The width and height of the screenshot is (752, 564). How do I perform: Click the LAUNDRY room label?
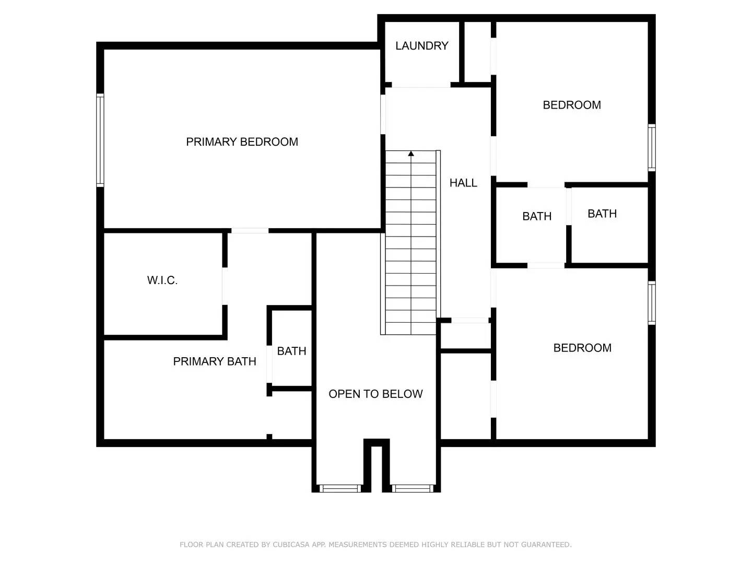[x=421, y=46]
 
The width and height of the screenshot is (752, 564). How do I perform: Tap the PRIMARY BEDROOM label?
[x=242, y=142]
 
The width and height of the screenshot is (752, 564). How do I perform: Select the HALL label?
[x=463, y=183]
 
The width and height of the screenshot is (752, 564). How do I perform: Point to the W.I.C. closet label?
[x=162, y=280]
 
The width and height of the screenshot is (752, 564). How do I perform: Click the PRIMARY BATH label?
[x=215, y=361]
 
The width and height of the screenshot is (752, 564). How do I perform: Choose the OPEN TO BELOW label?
[x=375, y=394]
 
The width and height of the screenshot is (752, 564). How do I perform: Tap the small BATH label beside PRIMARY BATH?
[x=291, y=351]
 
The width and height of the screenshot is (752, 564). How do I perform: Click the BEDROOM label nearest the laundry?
[x=572, y=105]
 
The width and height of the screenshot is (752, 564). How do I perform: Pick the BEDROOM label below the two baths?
[x=582, y=348]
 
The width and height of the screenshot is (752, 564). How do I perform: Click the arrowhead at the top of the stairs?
[x=411, y=154]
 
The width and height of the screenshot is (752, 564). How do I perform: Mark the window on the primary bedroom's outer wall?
[x=100, y=140]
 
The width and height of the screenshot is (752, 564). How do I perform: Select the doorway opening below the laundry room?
[x=421, y=85]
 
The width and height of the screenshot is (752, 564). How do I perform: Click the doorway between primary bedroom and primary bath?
[x=250, y=230]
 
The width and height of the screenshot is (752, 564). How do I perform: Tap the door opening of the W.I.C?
[x=225, y=286]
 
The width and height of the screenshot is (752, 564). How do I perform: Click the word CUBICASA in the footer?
[x=291, y=545]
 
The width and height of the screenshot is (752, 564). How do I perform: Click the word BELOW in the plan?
[x=404, y=394]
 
